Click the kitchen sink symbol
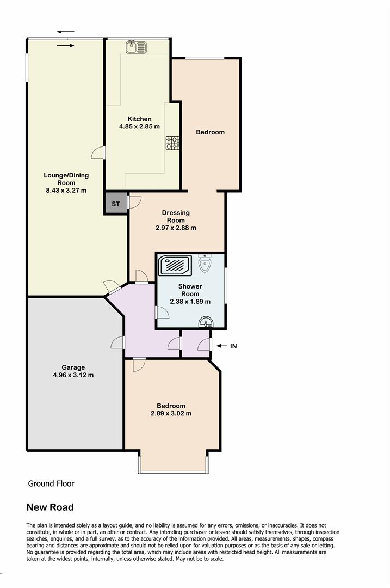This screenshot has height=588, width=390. click(x=136, y=47)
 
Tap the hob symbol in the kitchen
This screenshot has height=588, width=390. click(x=172, y=143)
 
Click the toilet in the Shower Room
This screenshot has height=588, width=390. click(x=205, y=264)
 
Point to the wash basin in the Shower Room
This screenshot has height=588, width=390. click(x=206, y=323)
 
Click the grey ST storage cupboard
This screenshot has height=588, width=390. click(x=115, y=204)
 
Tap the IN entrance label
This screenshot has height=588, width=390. click(x=233, y=346)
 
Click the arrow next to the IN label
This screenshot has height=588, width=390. click(x=220, y=346)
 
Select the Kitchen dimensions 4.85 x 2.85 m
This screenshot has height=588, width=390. click(x=140, y=127)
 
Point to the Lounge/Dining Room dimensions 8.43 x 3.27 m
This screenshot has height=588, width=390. click(x=66, y=191)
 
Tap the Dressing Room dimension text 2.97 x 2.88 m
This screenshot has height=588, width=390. click(x=176, y=228)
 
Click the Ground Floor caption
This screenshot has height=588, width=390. click(x=51, y=483)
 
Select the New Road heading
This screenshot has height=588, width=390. click(x=50, y=507)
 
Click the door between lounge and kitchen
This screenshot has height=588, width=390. click(x=98, y=152)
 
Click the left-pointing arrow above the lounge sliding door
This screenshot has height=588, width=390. click(x=66, y=32)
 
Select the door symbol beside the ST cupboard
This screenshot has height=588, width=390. click(x=134, y=202)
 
